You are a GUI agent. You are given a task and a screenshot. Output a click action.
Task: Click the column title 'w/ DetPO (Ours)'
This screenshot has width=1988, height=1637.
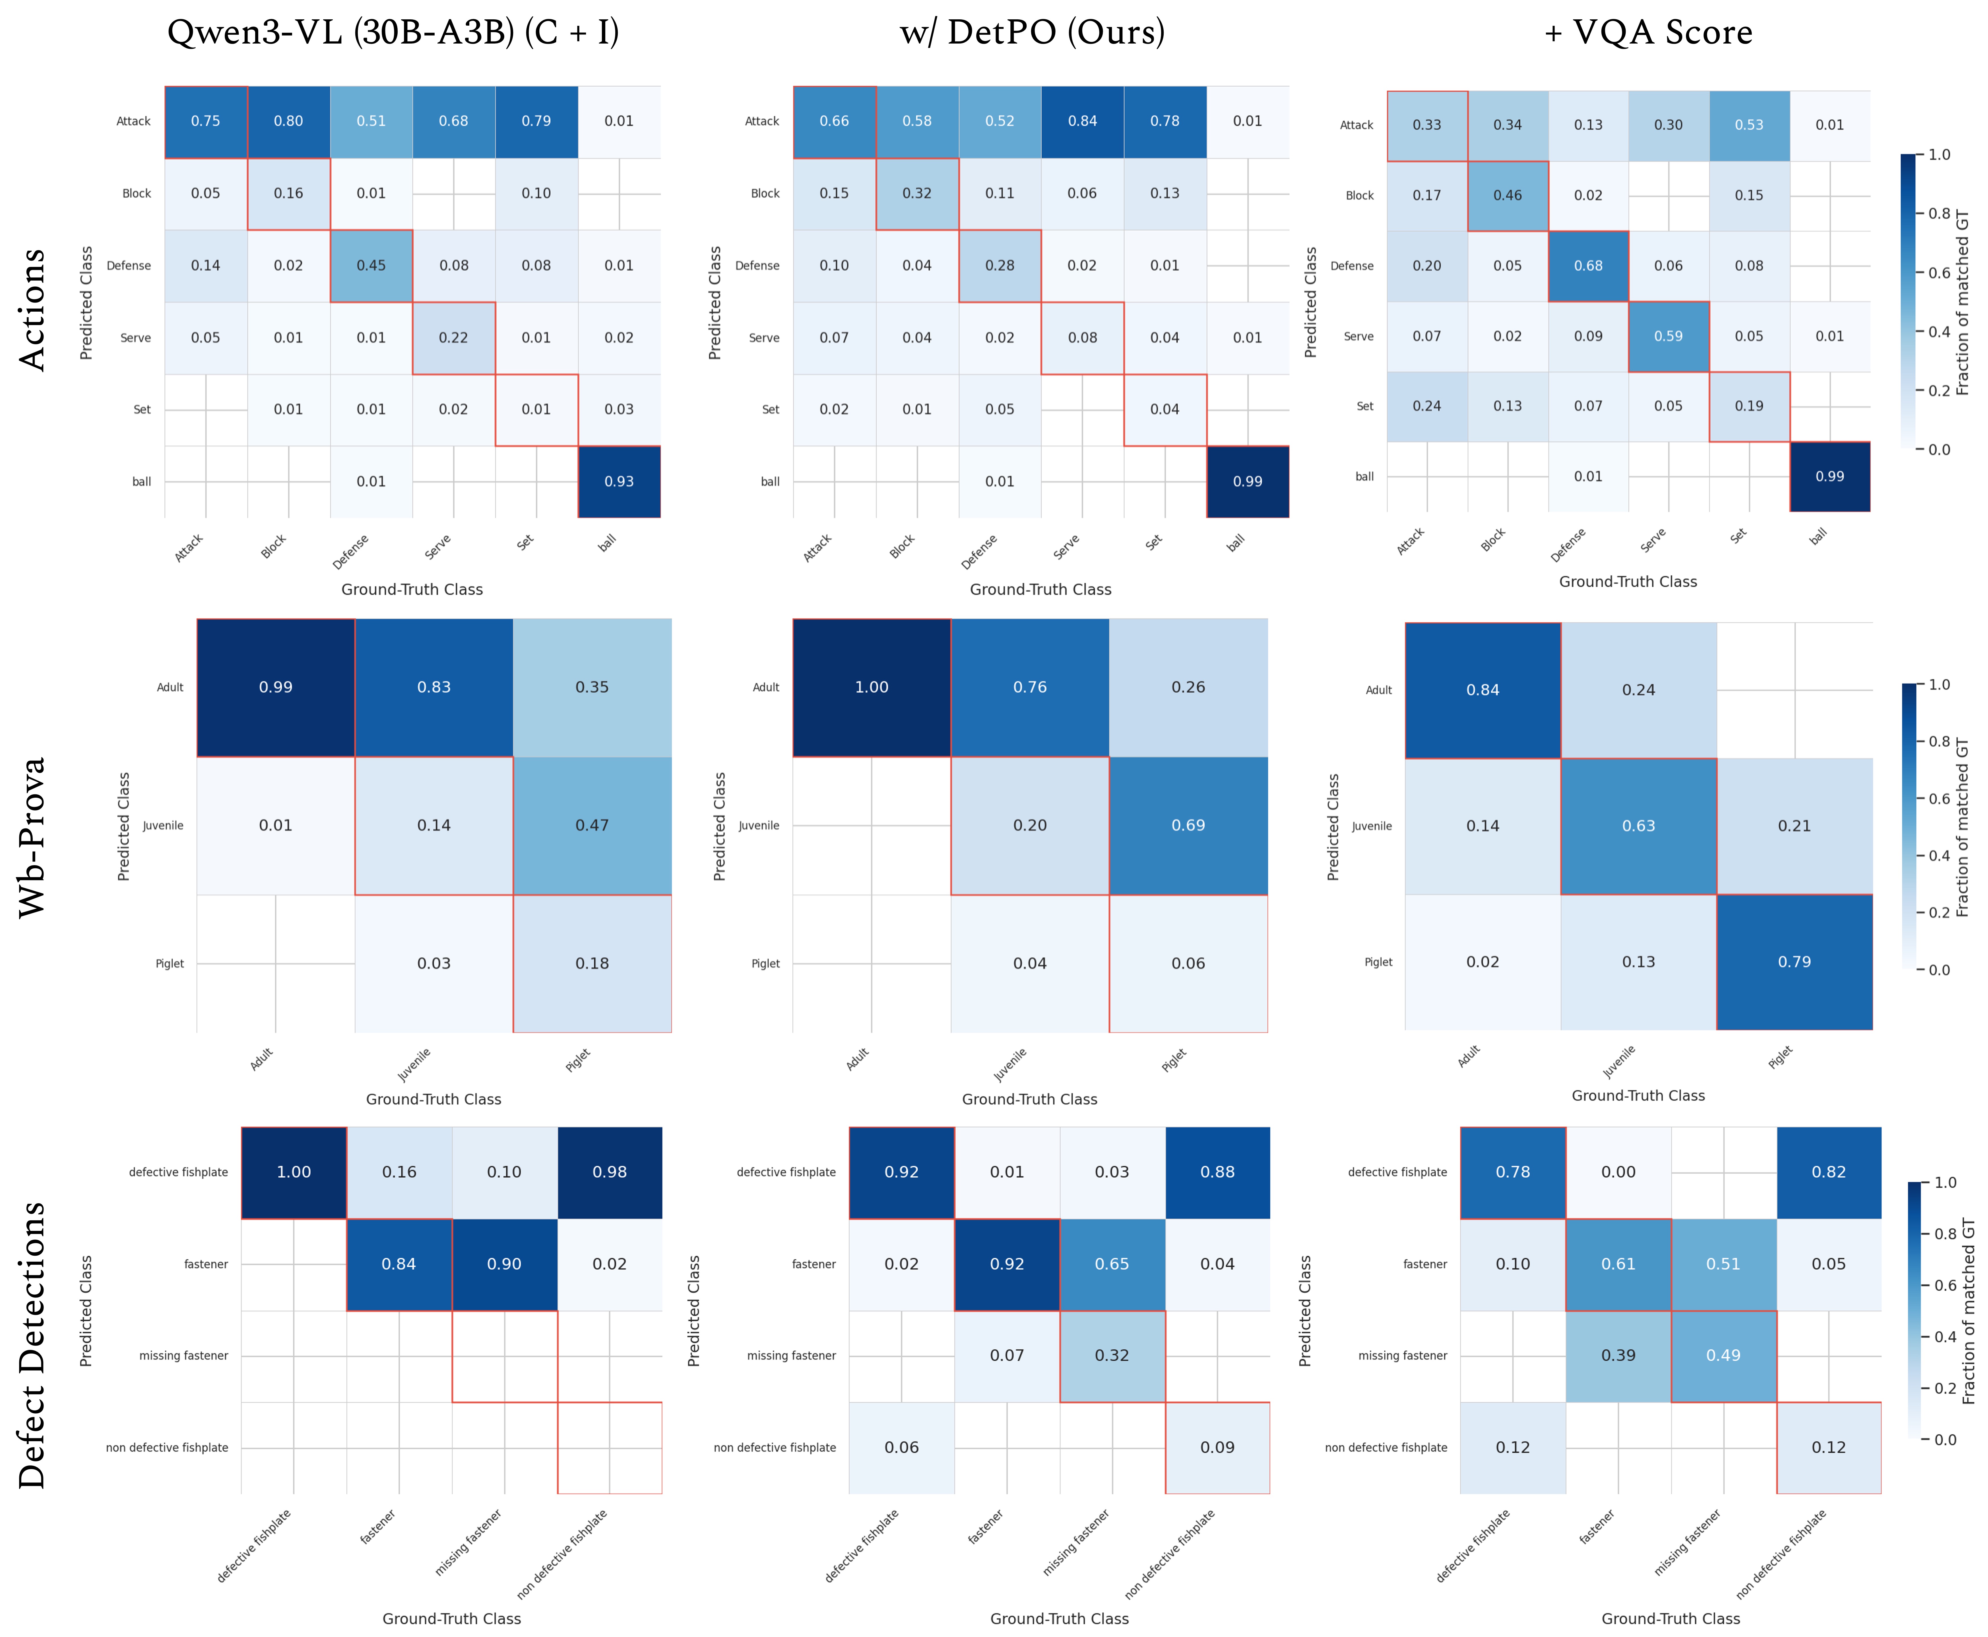[x=1032, y=33]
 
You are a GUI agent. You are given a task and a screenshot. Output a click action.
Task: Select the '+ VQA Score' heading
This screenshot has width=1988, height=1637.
[x=1648, y=33]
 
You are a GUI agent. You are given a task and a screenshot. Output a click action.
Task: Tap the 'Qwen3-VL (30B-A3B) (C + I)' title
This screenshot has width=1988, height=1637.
[x=393, y=33]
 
